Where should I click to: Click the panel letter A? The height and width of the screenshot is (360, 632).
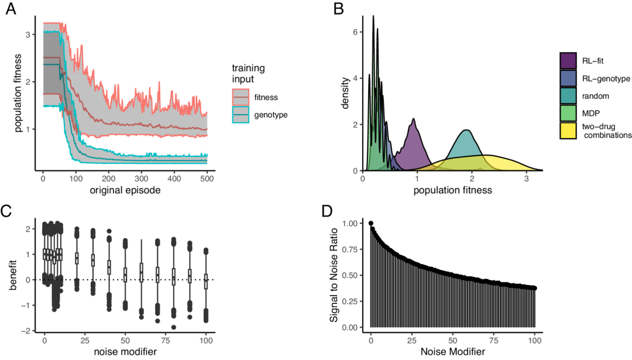click(11, 10)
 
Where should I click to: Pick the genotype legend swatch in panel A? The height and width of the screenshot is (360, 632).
click(241, 115)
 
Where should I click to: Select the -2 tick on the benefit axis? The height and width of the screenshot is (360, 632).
click(28, 331)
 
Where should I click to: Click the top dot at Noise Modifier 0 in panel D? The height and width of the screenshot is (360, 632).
click(370, 223)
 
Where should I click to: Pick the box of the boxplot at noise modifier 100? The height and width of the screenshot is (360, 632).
click(206, 281)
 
